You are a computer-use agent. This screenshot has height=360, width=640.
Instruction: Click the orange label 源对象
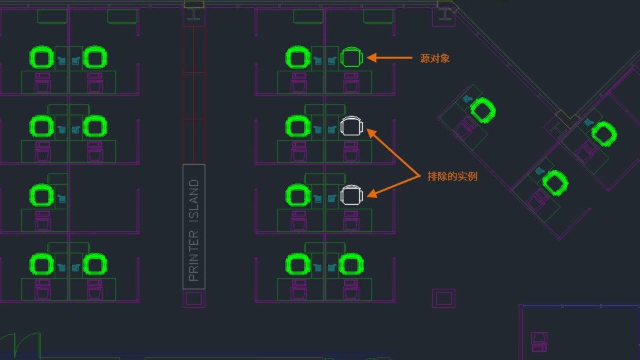(435, 59)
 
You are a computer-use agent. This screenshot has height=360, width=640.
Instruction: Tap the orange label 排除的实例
(452, 177)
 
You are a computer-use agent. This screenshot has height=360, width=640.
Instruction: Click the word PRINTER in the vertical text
(194, 256)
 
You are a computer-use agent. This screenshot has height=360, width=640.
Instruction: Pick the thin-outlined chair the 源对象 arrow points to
(351, 57)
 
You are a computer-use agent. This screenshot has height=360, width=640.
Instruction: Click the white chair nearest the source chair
(351, 126)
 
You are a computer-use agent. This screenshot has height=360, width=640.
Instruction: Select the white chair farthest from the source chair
(351, 195)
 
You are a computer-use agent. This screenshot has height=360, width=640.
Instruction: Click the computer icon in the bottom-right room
(539, 341)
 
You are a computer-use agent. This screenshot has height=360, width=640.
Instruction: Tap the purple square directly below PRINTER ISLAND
(194, 298)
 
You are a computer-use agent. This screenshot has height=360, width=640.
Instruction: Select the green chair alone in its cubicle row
(41, 195)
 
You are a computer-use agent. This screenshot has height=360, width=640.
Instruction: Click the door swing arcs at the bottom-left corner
(20, 346)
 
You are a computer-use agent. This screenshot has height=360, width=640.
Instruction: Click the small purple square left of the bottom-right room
(443, 297)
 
